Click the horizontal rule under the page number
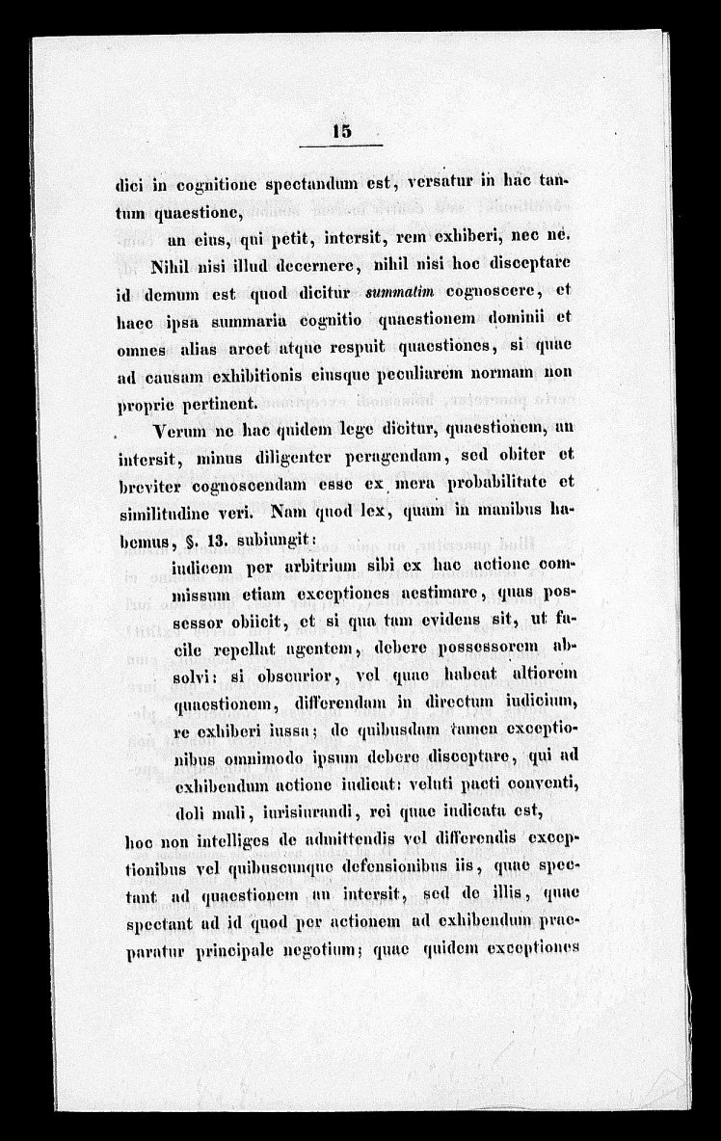(x=340, y=146)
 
